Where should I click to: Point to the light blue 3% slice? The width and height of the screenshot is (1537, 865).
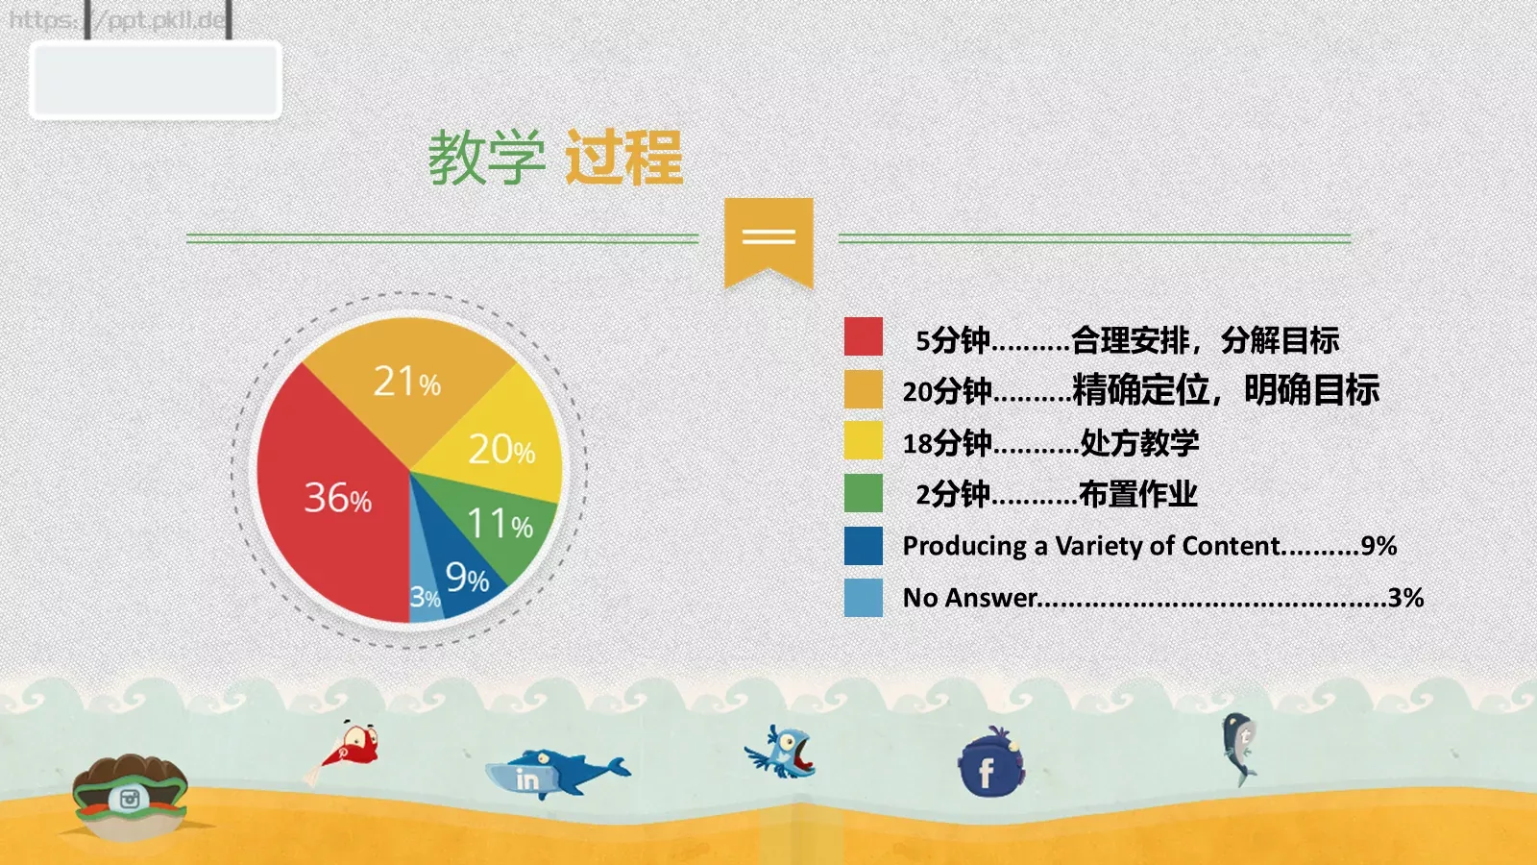424,596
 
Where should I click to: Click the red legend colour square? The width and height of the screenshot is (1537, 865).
863,337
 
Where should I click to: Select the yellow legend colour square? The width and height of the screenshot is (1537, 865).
863,441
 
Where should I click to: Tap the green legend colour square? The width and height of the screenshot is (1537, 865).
863,493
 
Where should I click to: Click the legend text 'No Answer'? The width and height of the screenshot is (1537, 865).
970,598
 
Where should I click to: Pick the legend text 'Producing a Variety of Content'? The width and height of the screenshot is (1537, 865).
1091,546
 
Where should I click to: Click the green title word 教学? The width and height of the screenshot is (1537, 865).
486,158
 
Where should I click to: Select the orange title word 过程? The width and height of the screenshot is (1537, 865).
623,158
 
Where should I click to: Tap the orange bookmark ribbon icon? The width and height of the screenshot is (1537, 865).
768,240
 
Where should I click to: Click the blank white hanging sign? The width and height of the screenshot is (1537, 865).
156,80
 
